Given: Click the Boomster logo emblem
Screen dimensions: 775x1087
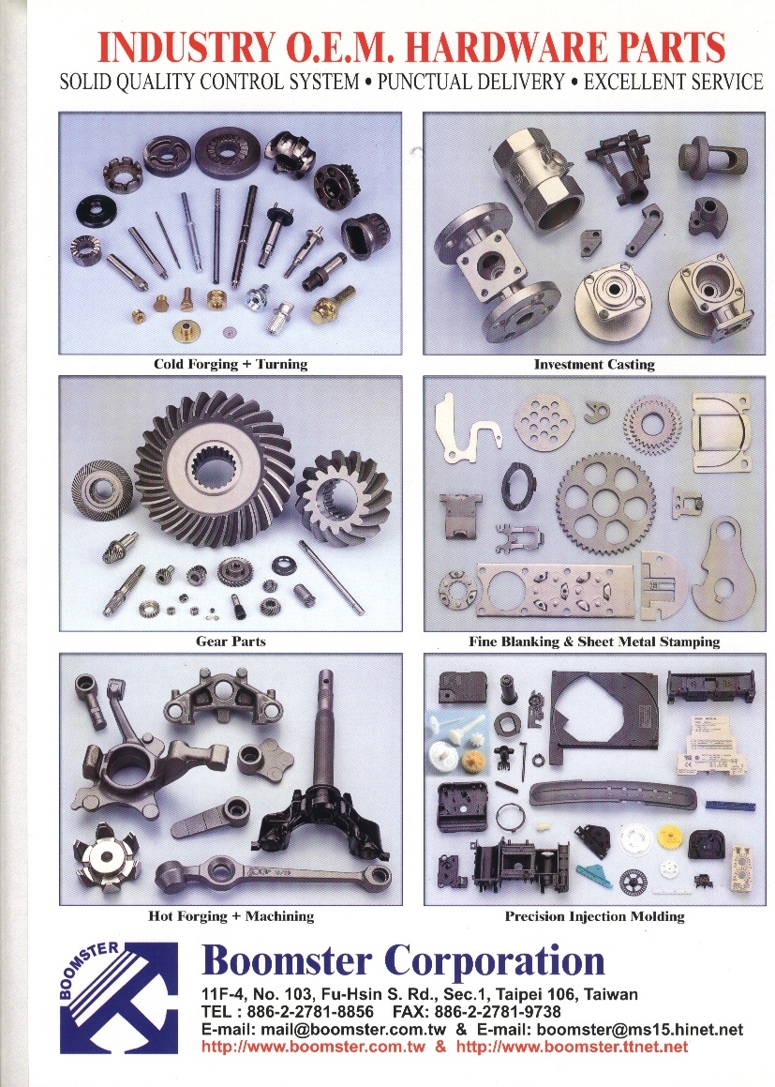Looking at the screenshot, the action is tap(118, 998).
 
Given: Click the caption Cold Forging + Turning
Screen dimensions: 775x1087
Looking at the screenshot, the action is tap(231, 364).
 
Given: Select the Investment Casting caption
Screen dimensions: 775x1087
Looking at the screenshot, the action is tap(594, 364).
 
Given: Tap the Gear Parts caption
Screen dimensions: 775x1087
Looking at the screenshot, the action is tap(231, 642).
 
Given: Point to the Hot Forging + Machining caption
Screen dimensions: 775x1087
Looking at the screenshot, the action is tap(231, 916).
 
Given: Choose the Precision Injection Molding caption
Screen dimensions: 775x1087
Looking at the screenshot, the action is tap(594, 916).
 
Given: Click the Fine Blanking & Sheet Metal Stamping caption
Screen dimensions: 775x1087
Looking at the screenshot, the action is tap(594, 642).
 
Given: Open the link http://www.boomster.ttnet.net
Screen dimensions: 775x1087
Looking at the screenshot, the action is tap(572, 1047).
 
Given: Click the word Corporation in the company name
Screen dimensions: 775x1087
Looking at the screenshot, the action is tap(495, 962).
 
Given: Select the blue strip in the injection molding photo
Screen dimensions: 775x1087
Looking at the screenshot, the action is tap(728, 805).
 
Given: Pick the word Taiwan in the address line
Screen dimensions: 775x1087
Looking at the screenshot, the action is tap(611, 994).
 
